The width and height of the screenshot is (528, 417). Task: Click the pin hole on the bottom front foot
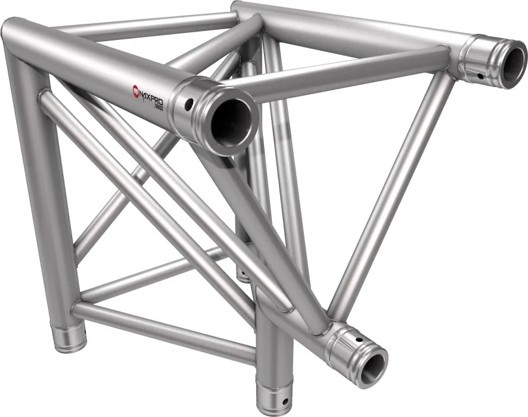tap(285, 401)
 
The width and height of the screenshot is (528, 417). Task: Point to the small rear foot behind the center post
tap(243, 274)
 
